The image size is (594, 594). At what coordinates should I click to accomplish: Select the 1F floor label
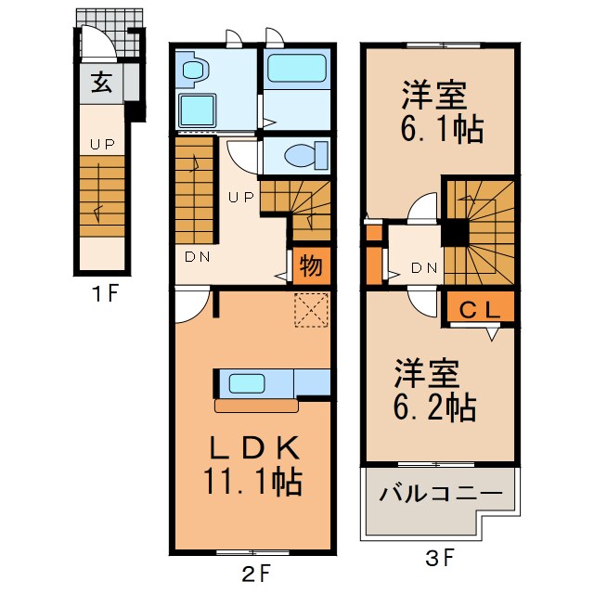click(x=104, y=295)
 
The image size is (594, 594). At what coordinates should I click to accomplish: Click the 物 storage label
click(x=311, y=266)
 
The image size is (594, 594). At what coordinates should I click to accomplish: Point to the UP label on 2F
click(x=241, y=197)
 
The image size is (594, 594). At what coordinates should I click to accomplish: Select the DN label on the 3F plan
click(x=423, y=267)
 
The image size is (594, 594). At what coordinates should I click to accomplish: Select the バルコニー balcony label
click(x=440, y=494)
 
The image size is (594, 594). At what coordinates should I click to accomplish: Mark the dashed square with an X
click(x=311, y=311)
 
